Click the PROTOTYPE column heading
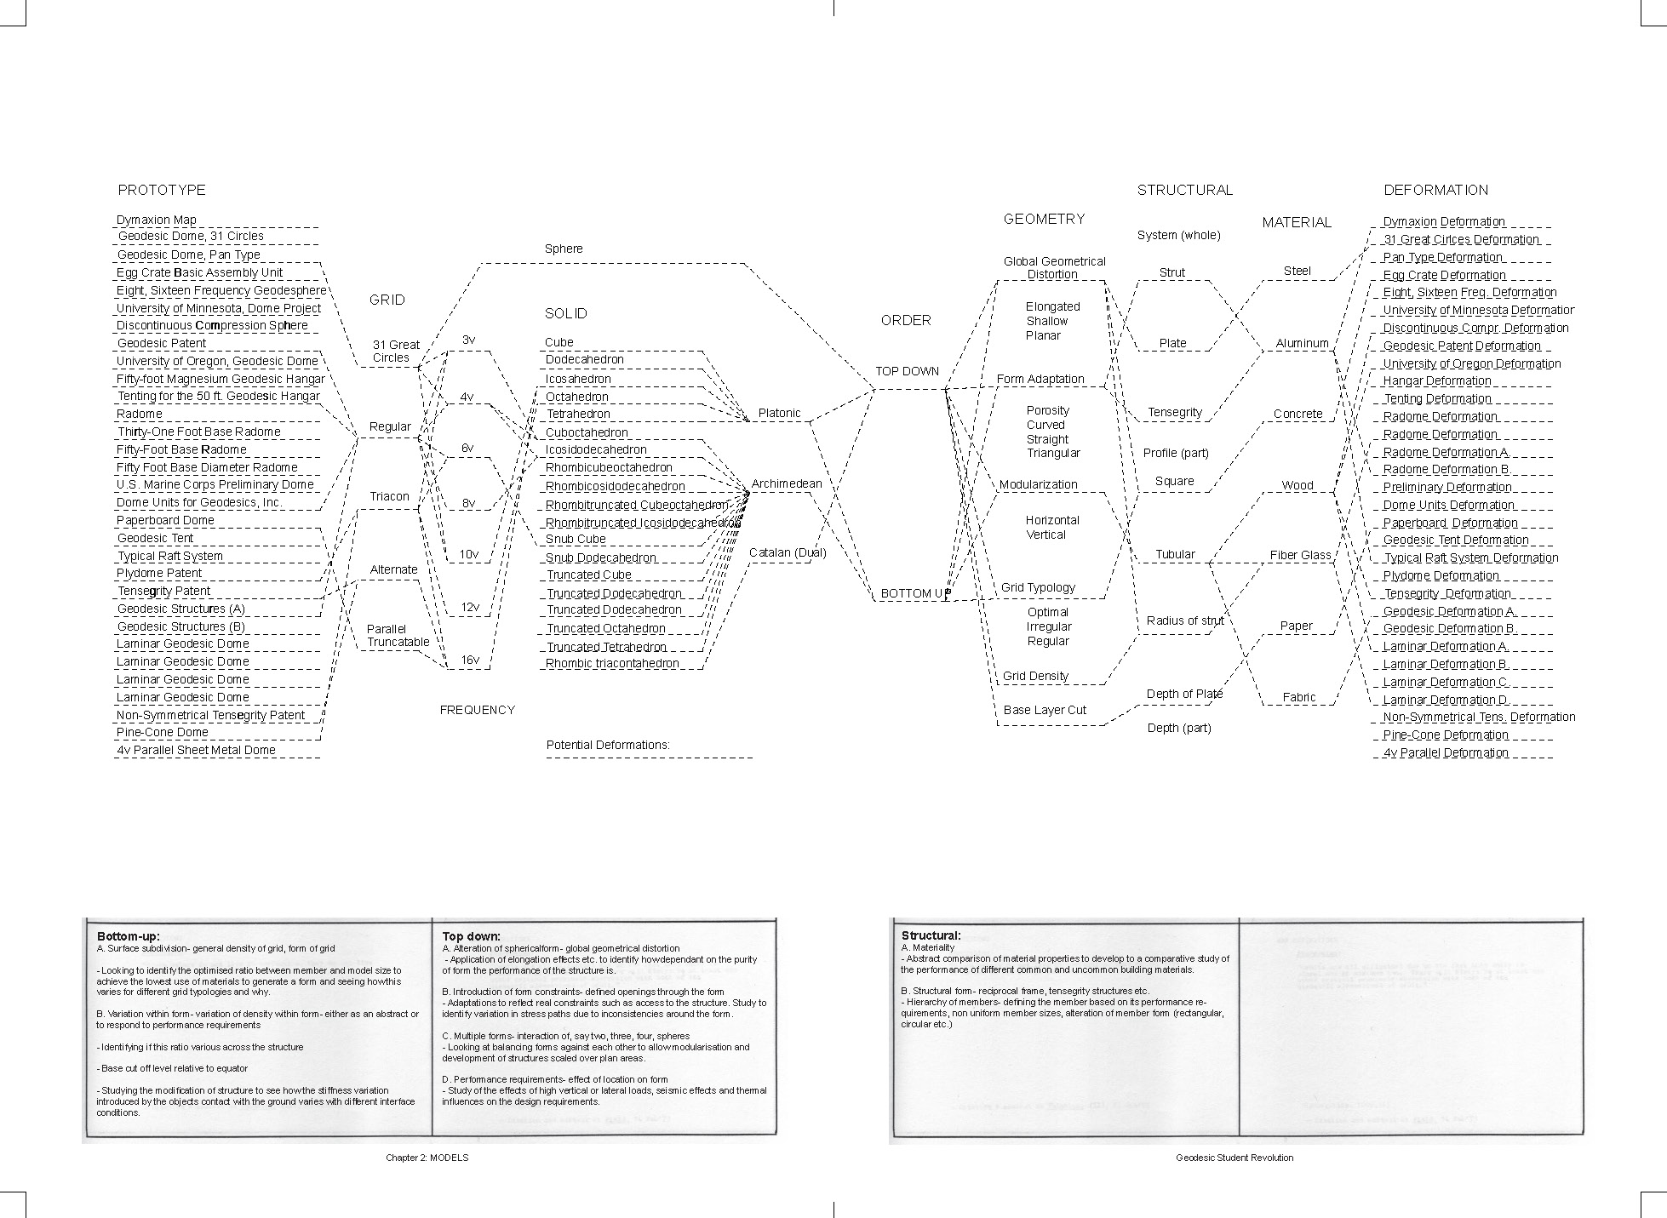click(x=162, y=190)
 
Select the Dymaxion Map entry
click(x=157, y=220)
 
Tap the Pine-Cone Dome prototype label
click(x=163, y=732)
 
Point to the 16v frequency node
click(x=469, y=660)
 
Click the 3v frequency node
click(x=468, y=340)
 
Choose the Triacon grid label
click(x=389, y=496)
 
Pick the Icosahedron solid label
click(x=578, y=379)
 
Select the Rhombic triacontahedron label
click(x=612, y=663)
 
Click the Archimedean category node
click(x=787, y=483)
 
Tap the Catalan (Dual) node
click(x=788, y=552)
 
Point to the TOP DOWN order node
click(x=908, y=371)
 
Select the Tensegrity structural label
click(x=1175, y=412)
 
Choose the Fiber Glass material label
click(x=1300, y=555)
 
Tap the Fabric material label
click(x=1299, y=697)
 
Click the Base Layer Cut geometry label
click(x=1045, y=710)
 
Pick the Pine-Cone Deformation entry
click(x=1446, y=735)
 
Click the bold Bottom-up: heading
click(x=128, y=935)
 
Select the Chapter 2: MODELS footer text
click(x=427, y=1158)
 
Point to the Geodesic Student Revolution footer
click(x=1234, y=1158)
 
